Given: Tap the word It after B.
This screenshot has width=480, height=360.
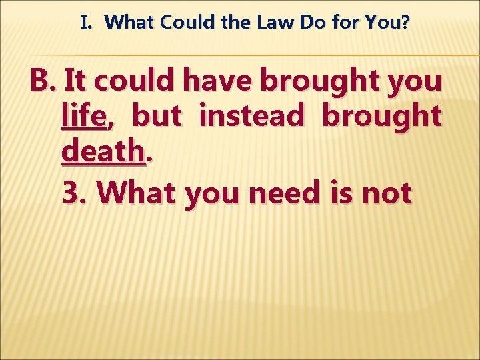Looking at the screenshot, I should click(75, 81).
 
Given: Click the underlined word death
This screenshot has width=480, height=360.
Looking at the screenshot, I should click(104, 153).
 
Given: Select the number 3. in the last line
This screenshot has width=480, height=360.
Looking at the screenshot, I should click(75, 193).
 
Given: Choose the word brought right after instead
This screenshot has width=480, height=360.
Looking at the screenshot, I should click(381, 117).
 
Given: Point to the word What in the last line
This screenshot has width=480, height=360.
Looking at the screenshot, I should click(137, 193).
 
